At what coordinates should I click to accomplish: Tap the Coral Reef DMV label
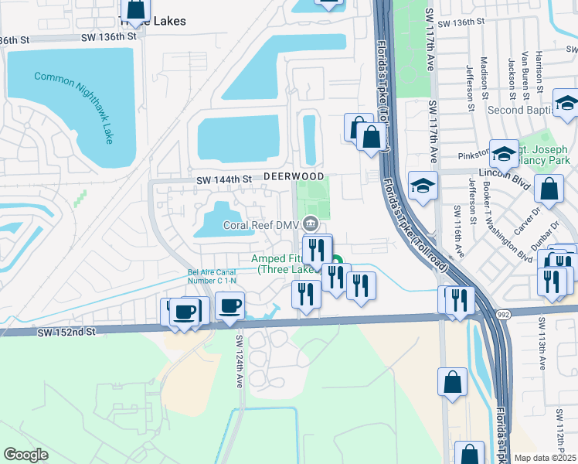click(261, 225)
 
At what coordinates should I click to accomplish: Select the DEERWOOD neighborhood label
click(293, 177)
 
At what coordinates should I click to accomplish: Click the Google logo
click(26, 454)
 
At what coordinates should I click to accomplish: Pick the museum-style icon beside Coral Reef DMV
click(311, 224)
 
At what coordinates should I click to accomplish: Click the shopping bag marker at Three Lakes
click(136, 7)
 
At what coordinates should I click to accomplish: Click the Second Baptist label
click(517, 110)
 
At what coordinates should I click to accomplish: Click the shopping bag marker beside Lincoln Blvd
click(549, 190)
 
